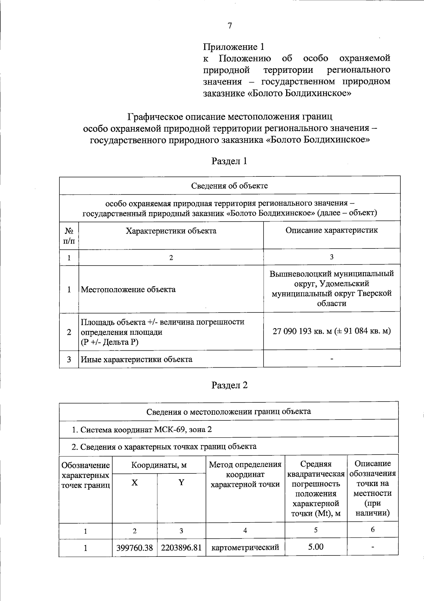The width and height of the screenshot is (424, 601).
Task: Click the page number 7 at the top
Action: point(230,25)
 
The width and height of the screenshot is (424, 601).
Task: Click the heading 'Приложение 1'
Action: point(234,47)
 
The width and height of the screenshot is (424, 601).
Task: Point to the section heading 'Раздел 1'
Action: point(229,161)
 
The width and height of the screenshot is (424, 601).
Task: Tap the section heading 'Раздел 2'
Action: point(229,385)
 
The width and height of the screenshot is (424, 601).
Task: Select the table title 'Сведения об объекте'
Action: point(230,186)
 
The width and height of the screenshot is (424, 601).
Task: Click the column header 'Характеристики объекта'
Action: point(171,231)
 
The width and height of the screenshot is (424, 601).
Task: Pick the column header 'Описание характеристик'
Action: point(331,230)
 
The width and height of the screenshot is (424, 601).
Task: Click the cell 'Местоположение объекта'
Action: point(128,290)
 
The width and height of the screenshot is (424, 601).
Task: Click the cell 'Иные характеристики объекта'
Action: point(137,360)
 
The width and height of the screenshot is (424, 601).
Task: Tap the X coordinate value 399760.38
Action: point(135,548)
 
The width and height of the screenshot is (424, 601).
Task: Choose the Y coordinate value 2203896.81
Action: point(181,548)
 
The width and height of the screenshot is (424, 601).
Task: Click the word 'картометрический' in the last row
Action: point(245,548)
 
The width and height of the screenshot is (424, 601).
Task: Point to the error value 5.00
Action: point(316,547)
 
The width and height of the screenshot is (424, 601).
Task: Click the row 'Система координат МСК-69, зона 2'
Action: point(142,430)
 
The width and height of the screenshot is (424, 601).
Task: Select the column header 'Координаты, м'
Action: point(159,465)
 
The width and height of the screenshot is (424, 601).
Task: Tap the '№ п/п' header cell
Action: point(69,236)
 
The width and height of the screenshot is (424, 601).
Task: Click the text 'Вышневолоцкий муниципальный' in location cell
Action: point(331,274)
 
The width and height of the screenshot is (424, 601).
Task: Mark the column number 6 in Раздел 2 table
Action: point(372,529)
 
